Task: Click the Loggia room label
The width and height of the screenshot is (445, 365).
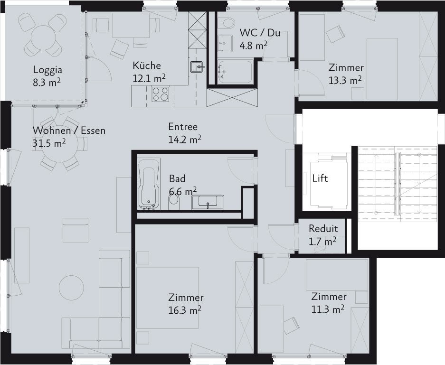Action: (x=47, y=70)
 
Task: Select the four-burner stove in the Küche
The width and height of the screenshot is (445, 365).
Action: (x=161, y=94)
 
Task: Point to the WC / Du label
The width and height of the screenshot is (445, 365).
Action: (x=260, y=33)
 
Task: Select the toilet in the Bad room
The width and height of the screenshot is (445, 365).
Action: (x=174, y=202)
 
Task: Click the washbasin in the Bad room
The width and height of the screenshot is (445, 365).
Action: (x=208, y=202)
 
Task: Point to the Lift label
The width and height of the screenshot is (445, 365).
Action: (x=320, y=178)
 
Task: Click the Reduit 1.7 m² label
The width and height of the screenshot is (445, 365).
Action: (x=323, y=235)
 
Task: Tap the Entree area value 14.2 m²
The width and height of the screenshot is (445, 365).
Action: (x=185, y=139)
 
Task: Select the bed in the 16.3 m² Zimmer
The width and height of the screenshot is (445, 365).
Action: (x=167, y=298)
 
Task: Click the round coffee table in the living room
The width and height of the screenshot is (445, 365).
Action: (x=71, y=287)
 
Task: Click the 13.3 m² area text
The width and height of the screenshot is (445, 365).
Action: (x=345, y=81)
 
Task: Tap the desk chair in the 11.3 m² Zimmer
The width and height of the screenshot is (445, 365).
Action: (x=292, y=325)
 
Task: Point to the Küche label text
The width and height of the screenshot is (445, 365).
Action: (x=147, y=66)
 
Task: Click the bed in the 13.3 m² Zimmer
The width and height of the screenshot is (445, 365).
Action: (x=382, y=69)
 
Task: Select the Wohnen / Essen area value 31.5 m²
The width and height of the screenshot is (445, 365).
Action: (x=49, y=143)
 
